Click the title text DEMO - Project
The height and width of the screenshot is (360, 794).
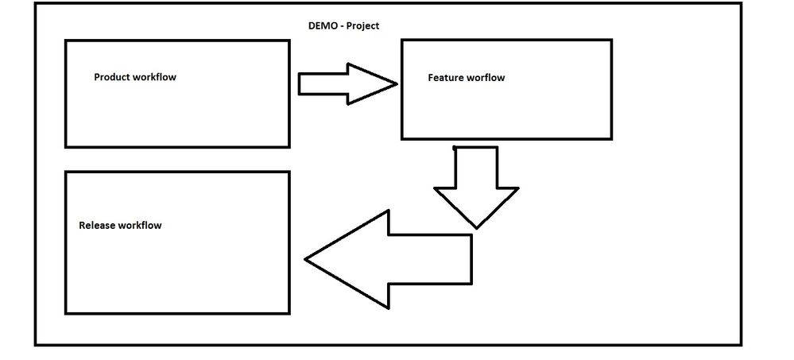pyautogui.click(x=343, y=25)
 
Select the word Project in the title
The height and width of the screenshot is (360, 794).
pyautogui.click(x=362, y=25)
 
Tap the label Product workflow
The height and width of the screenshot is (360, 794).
pyautogui.click(x=135, y=77)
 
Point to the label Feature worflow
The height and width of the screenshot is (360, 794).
pyautogui.click(x=467, y=78)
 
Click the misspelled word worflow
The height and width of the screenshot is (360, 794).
pyautogui.click(x=486, y=78)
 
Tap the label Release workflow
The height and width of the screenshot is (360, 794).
pyautogui.click(x=120, y=225)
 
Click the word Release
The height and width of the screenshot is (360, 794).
pyautogui.click(x=97, y=225)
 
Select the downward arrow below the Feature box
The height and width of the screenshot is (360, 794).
pyautogui.click(x=476, y=188)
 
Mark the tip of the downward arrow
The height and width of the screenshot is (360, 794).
pyautogui.click(x=476, y=227)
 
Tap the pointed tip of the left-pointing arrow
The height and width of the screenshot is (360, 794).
pyautogui.click(x=307, y=259)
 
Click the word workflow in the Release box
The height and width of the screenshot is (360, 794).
pyautogui.click(x=140, y=225)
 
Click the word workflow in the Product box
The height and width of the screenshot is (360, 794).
pyautogui.click(x=156, y=77)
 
